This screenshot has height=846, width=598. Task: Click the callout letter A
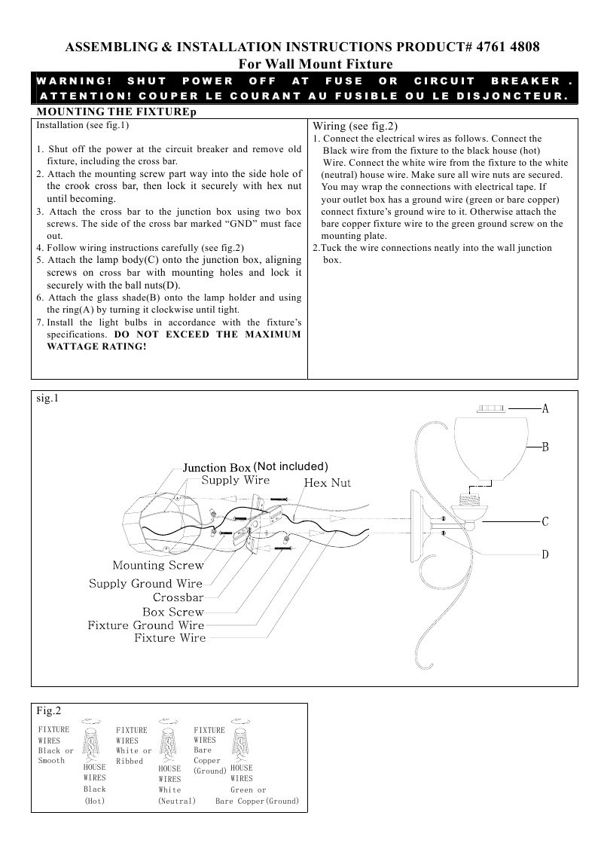click(x=545, y=409)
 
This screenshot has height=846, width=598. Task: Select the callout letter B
click(x=545, y=447)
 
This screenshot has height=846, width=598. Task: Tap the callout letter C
click(x=545, y=521)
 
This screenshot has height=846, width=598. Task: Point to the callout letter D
click(x=545, y=555)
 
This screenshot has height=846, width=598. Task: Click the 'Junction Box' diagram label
click(x=216, y=468)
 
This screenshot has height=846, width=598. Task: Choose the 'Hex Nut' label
click(x=327, y=482)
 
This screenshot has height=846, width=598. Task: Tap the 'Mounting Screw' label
click(x=158, y=565)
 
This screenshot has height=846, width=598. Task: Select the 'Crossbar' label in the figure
click(x=178, y=597)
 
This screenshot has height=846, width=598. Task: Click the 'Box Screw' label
click(x=173, y=612)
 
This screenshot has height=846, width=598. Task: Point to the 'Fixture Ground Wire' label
click(x=146, y=625)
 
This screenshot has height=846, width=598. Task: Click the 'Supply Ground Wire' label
click(x=146, y=583)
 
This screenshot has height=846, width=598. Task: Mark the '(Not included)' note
click(x=291, y=466)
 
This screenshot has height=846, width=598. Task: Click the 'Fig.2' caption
click(x=48, y=710)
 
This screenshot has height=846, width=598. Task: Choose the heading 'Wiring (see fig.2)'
click(x=355, y=126)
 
